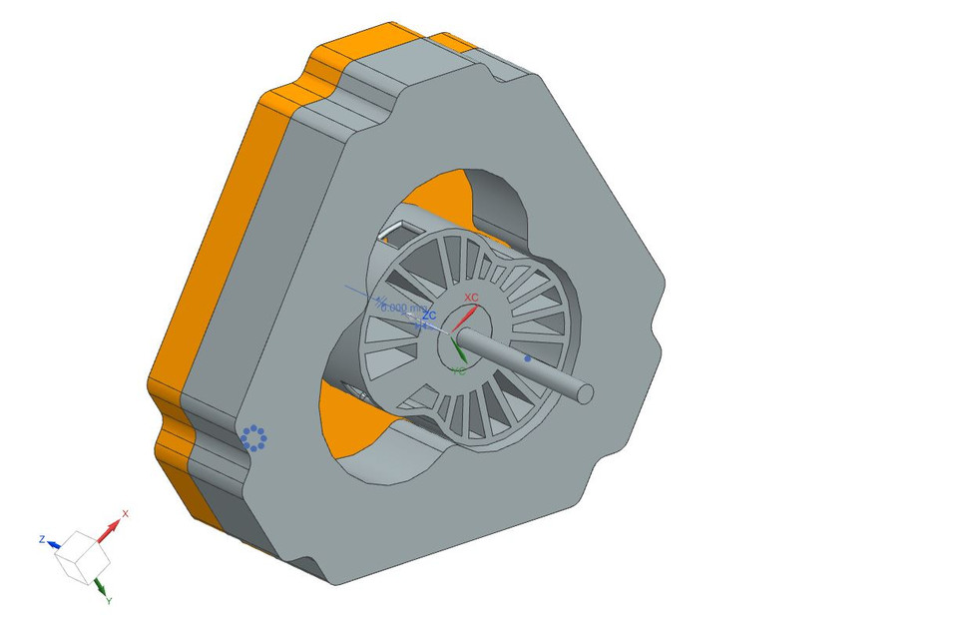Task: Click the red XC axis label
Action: [x=471, y=299]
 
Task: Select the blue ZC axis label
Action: [x=429, y=316]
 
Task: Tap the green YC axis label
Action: [x=458, y=370]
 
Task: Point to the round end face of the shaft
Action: [x=585, y=393]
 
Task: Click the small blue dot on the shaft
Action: [x=528, y=356]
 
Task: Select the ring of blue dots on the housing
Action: [x=253, y=437]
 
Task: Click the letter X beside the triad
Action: [x=125, y=513]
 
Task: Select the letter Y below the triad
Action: [x=108, y=601]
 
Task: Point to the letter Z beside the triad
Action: [x=42, y=539]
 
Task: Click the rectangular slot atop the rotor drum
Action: [x=397, y=231]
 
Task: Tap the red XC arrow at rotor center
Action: [x=465, y=318]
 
